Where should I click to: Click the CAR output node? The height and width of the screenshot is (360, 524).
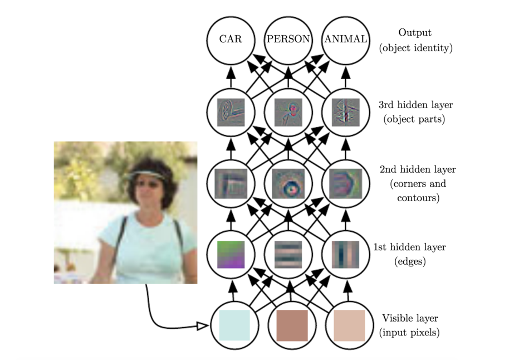click(231, 39)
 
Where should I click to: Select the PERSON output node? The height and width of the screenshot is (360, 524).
click(288, 39)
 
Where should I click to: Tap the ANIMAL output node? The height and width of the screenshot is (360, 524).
click(346, 39)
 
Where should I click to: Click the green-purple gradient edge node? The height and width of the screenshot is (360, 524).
click(231, 254)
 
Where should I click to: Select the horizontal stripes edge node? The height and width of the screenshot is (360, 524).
click(288, 254)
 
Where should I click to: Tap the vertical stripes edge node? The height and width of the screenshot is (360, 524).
click(346, 254)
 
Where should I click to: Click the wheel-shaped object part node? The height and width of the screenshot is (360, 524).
click(231, 110)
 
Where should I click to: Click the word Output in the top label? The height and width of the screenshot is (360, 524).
click(415, 33)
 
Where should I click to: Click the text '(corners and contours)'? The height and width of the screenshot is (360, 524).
click(414, 190)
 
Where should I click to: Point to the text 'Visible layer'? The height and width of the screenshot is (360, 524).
click(410, 318)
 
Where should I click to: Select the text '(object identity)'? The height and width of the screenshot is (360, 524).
click(415, 47)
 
